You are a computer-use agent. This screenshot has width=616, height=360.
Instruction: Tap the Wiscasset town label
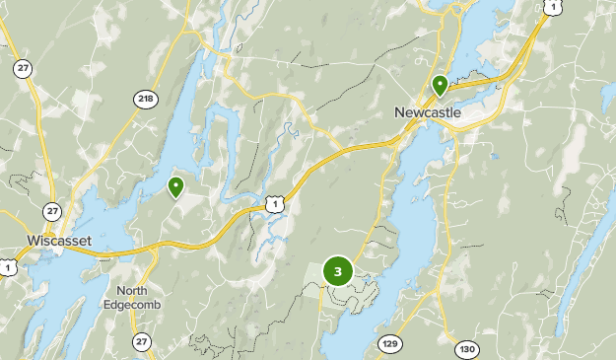pyautogui.click(x=59, y=240)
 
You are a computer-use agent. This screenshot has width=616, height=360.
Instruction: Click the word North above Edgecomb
pyautogui.click(x=131, y=290)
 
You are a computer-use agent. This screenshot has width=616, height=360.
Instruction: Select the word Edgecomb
pyautogui.click(x=131, y=304)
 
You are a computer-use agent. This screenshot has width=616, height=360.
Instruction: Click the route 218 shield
pyautogui.click(x=146, y=99)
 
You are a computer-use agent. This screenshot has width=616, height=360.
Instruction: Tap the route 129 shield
pyautogui.click(x=389, y=343)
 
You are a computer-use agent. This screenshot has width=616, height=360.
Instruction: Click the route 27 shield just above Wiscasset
pyautogui.click(x=51, y=211)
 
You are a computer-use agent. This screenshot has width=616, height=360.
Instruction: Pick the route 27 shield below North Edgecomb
pyautogui.click(x=143, y=341)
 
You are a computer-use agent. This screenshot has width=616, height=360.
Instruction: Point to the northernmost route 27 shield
pyautogui.click(x=22, y=68)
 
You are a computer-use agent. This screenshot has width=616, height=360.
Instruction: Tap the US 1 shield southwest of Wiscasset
pyautogui.click(x=7, y=267)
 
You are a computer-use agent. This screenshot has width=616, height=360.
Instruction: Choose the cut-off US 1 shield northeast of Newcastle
pyautogui.click(x=548, y=6)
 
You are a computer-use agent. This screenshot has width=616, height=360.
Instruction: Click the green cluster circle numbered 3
pyautogui.click(x=338, y=271)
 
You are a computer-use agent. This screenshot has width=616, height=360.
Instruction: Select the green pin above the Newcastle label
pyautogui.click(x=440, y=84)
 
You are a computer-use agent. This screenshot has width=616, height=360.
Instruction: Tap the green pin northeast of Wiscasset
pyautogui.click(x=175, y=185)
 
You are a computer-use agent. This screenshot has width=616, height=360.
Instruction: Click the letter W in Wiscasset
pyautogui.click(x=33, y=240)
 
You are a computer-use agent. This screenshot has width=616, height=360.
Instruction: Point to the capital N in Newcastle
pyautogui.click(x=399, y=112)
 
